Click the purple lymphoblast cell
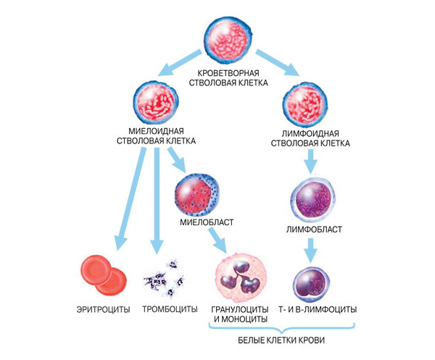[311, 199]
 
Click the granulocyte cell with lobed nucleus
[242, 277]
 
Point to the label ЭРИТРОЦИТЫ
[102, 309]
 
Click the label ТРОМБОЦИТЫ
[168, 309]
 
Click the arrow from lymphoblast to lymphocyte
[311, 251]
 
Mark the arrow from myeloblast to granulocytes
[215, 239]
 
